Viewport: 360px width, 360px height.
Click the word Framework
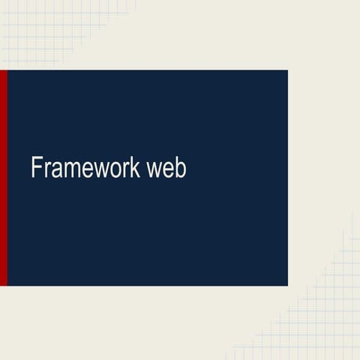point(85,168)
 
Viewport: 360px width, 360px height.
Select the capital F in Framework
point(35,168)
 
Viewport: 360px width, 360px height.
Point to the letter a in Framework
point(53,170)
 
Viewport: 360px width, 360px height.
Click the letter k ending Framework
point(136,168)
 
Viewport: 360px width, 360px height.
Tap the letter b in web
point(181,168)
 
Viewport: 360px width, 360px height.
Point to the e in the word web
point(168,170)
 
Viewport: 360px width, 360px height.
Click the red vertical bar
point(3,178)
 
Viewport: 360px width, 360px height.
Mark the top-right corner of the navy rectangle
point(287,71)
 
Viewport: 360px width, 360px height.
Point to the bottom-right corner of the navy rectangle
point(287,285)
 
